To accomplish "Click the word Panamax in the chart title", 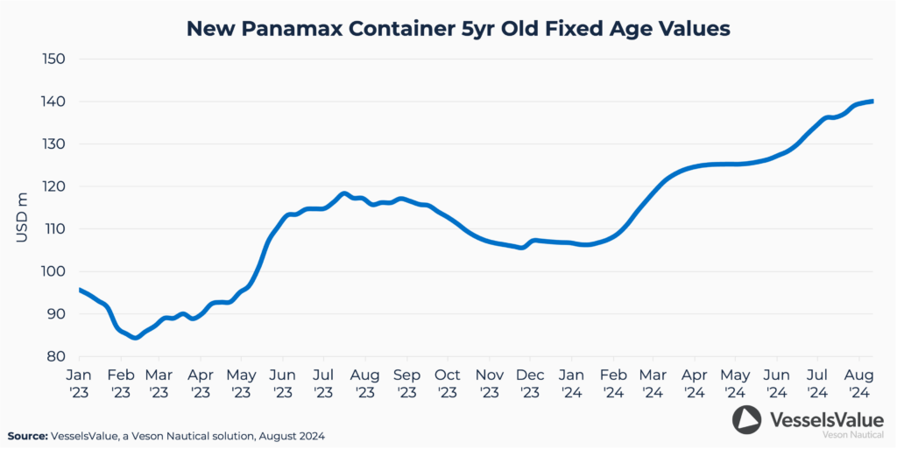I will pyautogui.click(x=285, y=29).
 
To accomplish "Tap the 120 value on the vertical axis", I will pyautogui.click(x=56, y=186).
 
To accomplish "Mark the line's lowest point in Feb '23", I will pyautogui.click(x=135, y=336).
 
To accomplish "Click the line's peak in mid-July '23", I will pyautogui.click(x=343, y=193).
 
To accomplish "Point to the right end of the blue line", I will pyautogui.click(x=872, y=102).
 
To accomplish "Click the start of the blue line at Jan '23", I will pyautogui.click(x=80, y=290).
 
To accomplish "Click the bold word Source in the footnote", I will pyautogui.click(x=27, y=435).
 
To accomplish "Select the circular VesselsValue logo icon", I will pyautogui.click(x=746, y=420).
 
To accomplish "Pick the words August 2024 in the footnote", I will pyautogui.click(x=304, y=435).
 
